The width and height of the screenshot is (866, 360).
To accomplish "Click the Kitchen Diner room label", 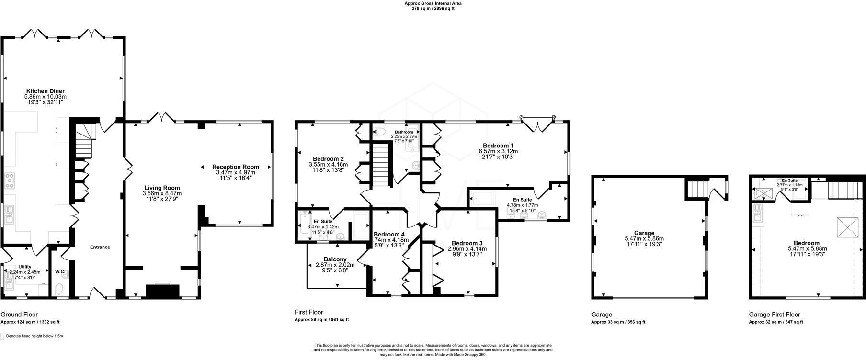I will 46,91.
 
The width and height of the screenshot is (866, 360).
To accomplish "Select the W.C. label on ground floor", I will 60,272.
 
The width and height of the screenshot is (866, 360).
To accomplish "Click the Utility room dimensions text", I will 25,274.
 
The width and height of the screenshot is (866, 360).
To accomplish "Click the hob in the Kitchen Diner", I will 9,180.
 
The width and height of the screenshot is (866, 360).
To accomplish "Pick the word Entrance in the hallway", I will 100,247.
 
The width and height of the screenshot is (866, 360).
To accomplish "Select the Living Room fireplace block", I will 162,291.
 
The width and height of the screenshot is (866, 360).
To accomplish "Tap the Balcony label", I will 335,259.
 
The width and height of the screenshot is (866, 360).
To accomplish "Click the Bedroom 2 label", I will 328,159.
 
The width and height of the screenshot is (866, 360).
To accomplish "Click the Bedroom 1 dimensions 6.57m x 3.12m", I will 498,151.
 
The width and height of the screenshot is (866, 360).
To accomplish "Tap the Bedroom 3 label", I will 467,243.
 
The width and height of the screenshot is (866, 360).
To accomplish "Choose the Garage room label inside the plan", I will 644,233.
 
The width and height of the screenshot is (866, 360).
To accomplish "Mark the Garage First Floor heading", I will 774,315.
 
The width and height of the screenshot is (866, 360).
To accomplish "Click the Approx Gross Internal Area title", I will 433,3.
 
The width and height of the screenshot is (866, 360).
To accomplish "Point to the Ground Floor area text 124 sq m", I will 30,322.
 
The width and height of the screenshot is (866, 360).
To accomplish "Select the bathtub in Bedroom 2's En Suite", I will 304,226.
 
